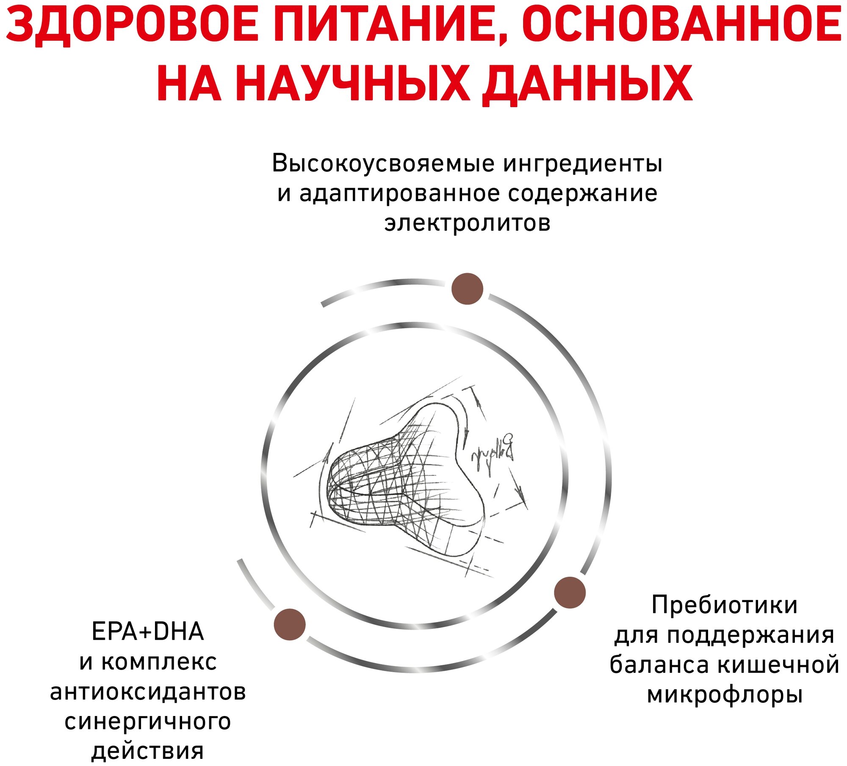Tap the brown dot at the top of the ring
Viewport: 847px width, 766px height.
[x=467, y=289]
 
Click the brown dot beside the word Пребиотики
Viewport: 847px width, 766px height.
[x=570, y=592]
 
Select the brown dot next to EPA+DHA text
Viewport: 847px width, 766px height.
[x=290, y=624]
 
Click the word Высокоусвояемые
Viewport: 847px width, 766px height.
[x=383, y=163]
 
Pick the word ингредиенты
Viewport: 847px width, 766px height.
[x=583, y=163]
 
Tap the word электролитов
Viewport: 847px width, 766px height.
[x=467, y=223]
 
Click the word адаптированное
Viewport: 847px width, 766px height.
[x=400, y=193]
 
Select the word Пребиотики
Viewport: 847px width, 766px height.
[x=724, y=605]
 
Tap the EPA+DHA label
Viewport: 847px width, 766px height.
[x=148, y=632]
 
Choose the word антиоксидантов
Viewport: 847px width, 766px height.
[x=148, y=692]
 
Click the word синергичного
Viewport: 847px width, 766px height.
[x=148, y=722]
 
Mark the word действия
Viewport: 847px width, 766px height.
[x=148, y=751]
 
